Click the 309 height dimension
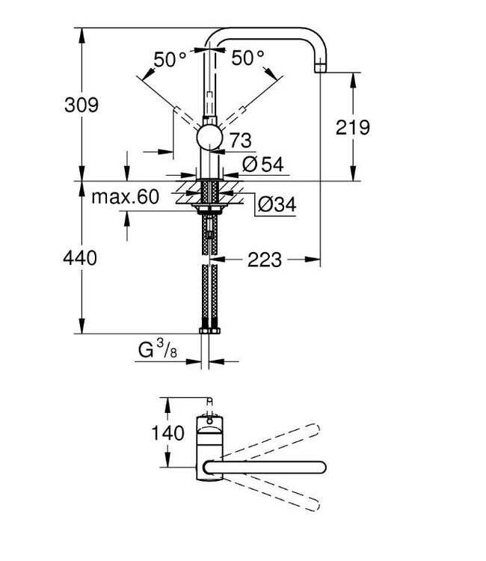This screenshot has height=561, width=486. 81,105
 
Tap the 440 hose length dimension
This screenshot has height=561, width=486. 81,259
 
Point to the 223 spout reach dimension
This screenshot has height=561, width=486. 264,260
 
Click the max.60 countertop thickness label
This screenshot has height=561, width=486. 126,197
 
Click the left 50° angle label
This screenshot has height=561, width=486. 170,58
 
